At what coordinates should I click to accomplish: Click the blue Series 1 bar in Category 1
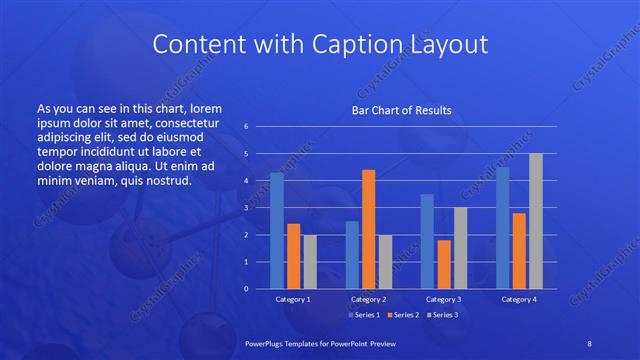click(x=277, y=231)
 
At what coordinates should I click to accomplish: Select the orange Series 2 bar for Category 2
click(x=368, y=229)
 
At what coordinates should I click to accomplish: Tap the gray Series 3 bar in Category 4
click(x=536, y=221)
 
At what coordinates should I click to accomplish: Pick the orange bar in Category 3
click(x=444, y=264)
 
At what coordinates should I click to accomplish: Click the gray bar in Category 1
click(x=310, y=262)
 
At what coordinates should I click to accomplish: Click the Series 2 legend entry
click(x=405, y=316)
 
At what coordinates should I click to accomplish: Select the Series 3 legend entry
click(x=443, y=316)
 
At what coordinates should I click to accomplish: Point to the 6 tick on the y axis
click(x=246, y=127)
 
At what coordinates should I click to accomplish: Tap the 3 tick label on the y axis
click(x=246, y=208)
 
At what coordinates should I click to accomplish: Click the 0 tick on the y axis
click(x=246, y=289)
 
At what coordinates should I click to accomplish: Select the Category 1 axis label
click(x=293, y=299)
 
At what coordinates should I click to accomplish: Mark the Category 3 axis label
click(x=444, y=299)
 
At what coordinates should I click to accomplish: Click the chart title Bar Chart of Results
click(x=401, y=110)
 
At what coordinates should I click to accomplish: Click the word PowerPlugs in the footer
click(x=268, y=343)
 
